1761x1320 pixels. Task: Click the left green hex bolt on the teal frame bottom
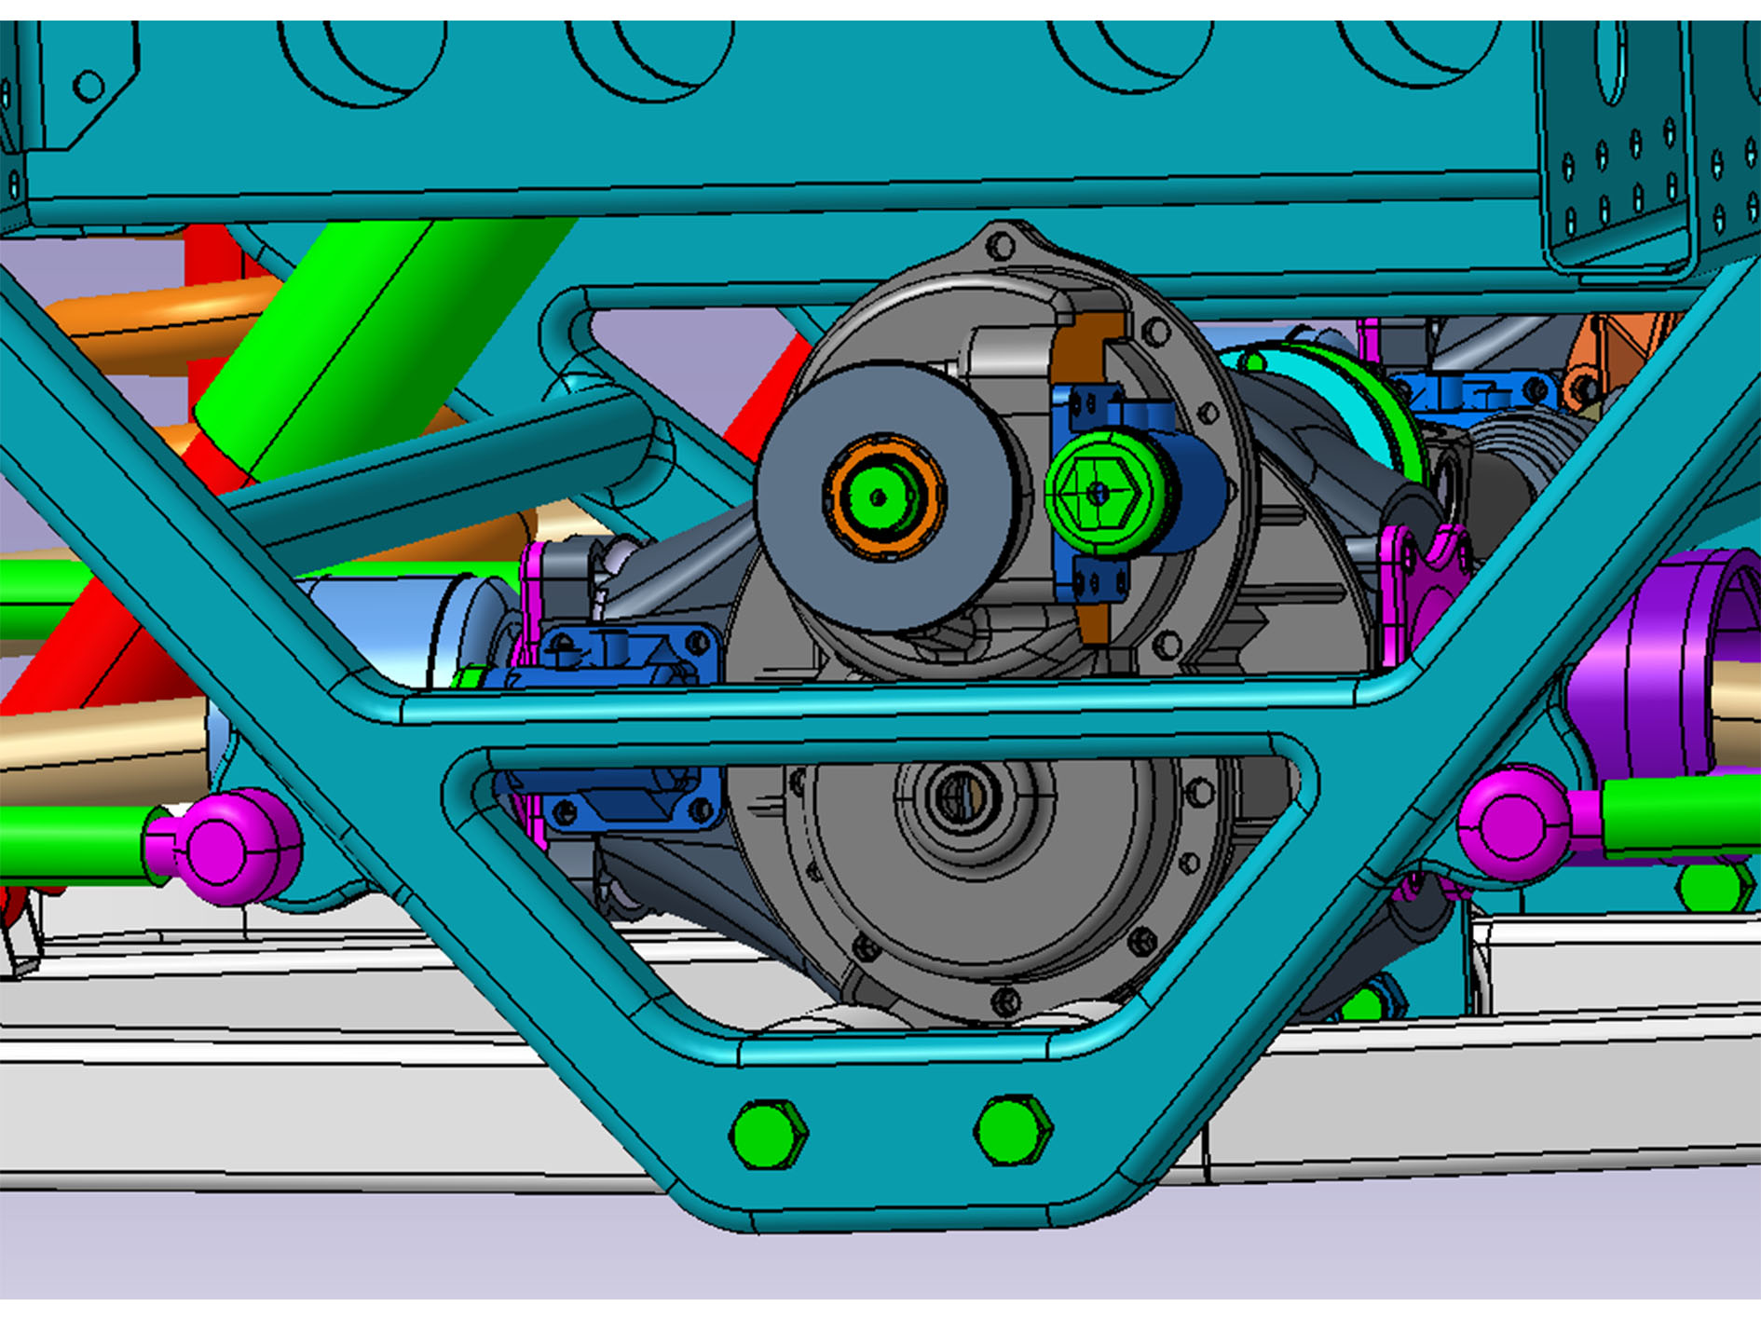(769, 1134)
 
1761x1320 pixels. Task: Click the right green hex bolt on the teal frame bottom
(1013, 1130)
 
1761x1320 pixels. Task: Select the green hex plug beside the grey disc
(1099, 494)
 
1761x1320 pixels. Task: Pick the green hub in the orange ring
(876, 497)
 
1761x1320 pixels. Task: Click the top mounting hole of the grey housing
(1000, 247)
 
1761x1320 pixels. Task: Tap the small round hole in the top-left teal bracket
(89, 87)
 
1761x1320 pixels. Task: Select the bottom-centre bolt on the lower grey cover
(1005, 1001)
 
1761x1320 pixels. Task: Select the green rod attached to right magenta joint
(1677, 815)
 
